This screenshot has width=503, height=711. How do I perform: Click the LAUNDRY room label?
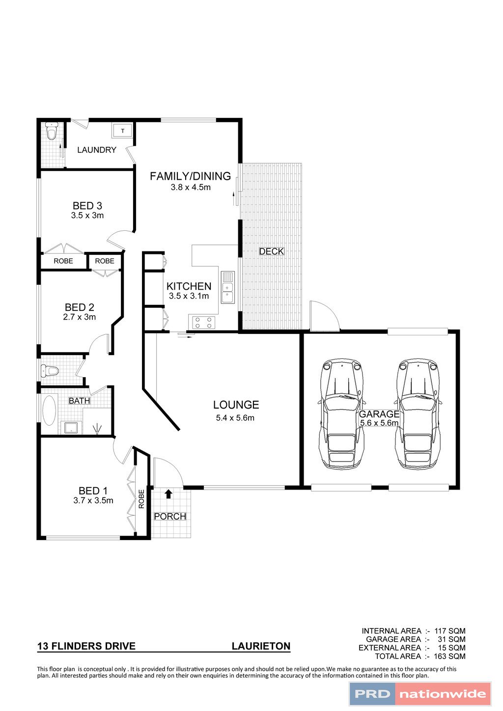click(97, 150)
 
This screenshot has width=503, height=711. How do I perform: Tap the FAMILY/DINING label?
click(190, 176)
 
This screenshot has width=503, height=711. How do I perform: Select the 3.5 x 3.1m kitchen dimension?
click(189, 296)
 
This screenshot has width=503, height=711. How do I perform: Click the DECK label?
click(272, 251)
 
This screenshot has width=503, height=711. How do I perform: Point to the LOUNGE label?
click(236, 405)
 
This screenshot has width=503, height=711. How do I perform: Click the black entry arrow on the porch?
click(168, 493)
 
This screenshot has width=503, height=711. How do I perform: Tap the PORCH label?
click(170, 517)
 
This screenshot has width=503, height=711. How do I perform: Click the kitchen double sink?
click(228, 288)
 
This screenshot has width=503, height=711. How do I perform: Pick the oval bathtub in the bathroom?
click(49, 410)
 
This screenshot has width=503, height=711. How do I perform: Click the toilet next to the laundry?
click(51, 131)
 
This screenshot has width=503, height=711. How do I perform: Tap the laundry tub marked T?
click(122, 131)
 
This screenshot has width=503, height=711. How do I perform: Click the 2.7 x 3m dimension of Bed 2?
click(80, 317)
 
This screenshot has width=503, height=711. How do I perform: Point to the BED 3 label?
click(87, 206)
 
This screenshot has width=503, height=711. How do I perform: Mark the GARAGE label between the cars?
click(379, 414)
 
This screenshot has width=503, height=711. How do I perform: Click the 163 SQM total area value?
click(449, 656)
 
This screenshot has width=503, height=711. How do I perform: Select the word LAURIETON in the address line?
click(261, 646)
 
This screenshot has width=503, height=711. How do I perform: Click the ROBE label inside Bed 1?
click(141, 499)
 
